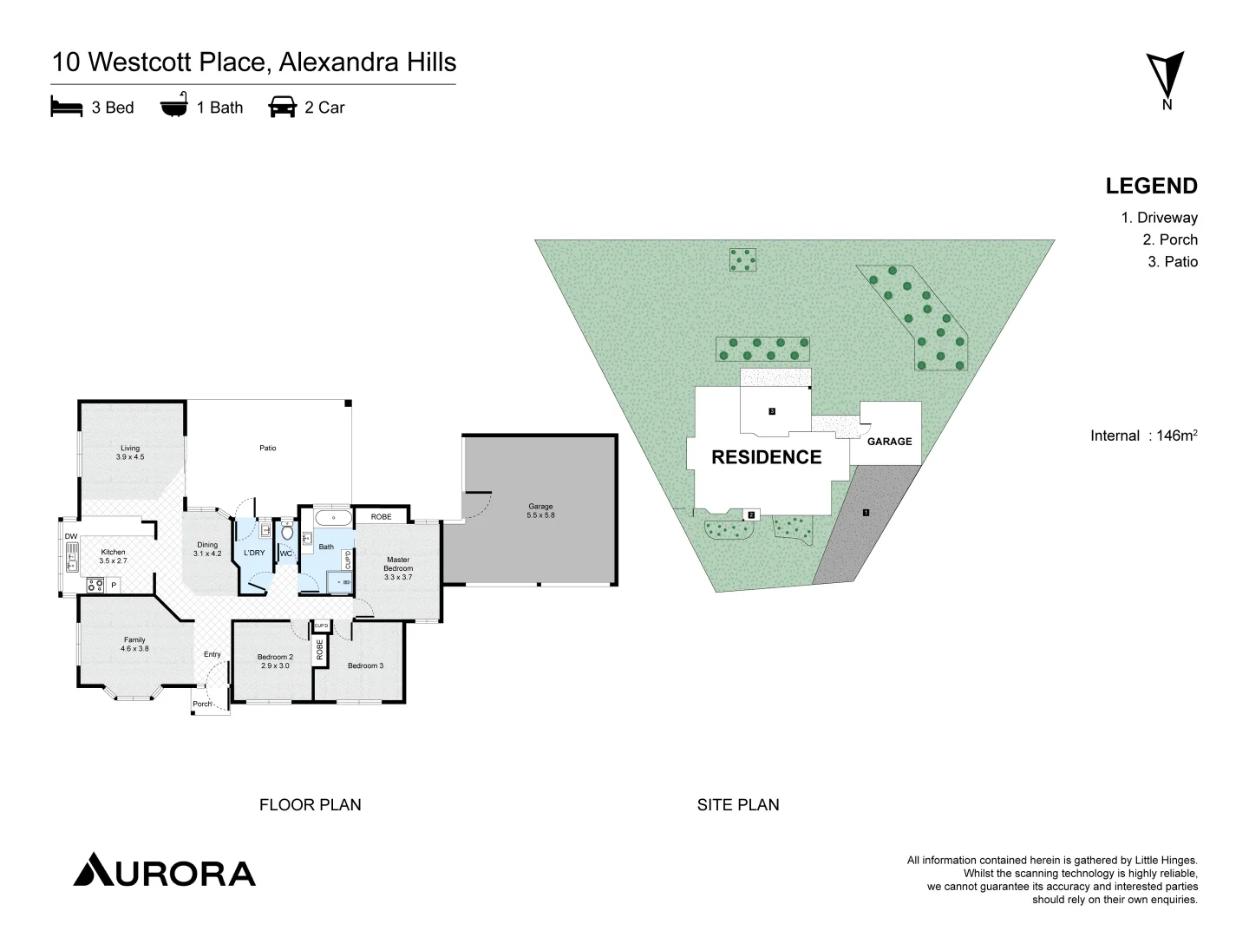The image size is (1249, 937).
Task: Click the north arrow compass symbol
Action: tap(1165, 76)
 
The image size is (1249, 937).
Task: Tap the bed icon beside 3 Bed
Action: tap(67, 107)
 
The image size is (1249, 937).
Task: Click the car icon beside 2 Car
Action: tap(282, 107)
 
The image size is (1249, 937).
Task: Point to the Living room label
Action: tap(130, 452)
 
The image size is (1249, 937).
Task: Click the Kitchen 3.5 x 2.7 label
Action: tap(113, 556)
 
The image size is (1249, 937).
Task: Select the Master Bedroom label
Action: tap(398, 567)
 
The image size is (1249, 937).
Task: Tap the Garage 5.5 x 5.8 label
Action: tap(540, 510)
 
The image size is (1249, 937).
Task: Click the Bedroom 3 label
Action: tap(365, 665)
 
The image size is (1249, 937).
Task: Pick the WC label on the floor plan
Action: tap(286, 554)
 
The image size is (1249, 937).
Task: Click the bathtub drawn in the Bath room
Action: tap(333, 518)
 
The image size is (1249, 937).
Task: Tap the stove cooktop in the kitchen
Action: tap(95, 585)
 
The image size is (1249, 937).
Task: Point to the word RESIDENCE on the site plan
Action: tap(766, 457)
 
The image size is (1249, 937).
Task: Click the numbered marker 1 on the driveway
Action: tap(866, 513)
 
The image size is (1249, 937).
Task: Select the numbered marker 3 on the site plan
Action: tap(771, 410)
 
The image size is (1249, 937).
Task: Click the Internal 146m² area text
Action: tap(1143, 436)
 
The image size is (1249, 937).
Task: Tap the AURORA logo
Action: tap(165, 871)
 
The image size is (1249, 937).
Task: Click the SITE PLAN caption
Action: tap(737, 805)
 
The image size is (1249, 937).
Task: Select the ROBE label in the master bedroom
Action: tap(381, 516)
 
